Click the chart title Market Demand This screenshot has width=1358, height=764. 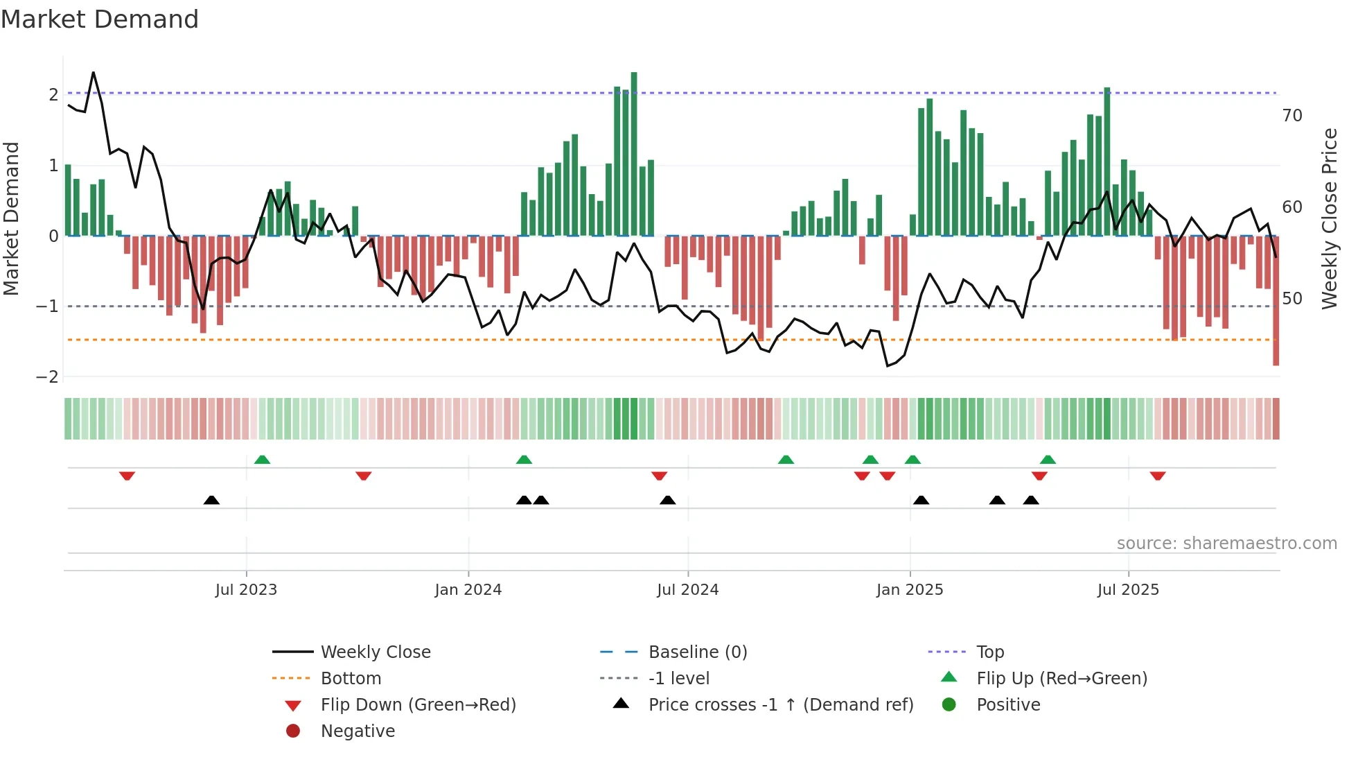100,19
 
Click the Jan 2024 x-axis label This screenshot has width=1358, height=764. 468,590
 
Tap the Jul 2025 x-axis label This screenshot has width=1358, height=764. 1127,590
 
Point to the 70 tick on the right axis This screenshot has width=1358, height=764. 1291,116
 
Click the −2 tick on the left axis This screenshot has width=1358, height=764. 47,376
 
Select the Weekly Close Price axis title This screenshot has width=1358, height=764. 1329,218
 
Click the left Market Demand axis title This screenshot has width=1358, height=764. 12,218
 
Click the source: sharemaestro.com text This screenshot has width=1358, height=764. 1226,544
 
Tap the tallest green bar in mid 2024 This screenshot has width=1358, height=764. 634,153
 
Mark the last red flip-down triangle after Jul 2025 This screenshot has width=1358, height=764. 1157,476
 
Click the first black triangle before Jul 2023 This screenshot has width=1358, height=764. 211,500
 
